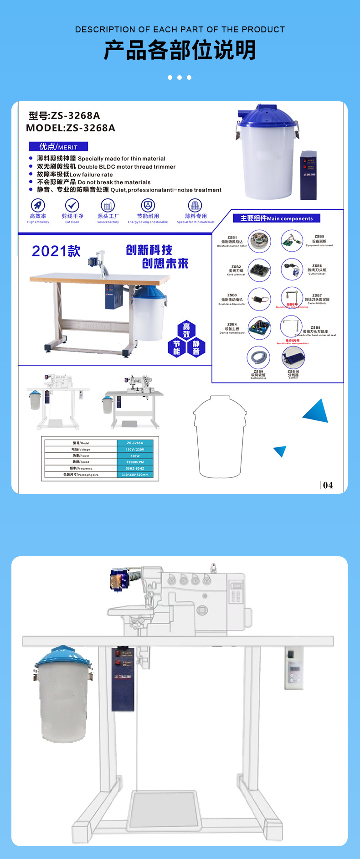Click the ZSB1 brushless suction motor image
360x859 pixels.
[x=260, y=241]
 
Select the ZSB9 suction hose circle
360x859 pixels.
[x=258, y=357]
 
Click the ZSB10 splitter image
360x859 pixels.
[x=293, y=357]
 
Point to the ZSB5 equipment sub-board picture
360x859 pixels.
[x=292, y=241]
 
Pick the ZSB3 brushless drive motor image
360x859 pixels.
[x=259, y=299]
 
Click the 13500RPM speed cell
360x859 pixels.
[x=135, y=462]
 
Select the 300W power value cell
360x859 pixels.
[x=135, y=455]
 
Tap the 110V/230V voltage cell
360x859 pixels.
[x=135, y=449]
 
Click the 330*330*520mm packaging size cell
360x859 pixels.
[x=135, y=475]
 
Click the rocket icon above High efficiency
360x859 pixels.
[x=38, y=205]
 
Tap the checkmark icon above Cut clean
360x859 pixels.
[x=72, y=205]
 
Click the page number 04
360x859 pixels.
[x=328, y=485]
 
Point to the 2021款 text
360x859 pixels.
[x=56, y=251]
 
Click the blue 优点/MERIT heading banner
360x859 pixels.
[x=58, y=147]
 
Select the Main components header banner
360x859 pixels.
[x=277, y=218]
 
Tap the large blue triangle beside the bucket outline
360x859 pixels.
[x=317, y=412]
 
